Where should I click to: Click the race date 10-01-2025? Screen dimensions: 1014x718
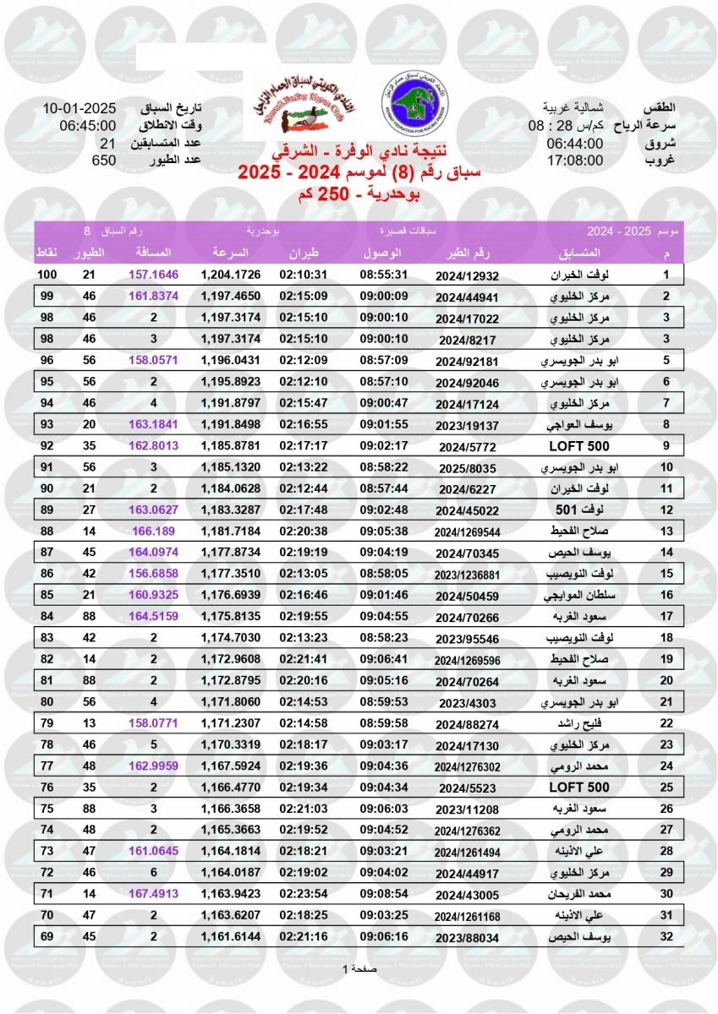point(79,109)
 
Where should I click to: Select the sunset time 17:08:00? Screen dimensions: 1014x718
point(574,160)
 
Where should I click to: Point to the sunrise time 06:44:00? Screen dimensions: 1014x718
point(574,143)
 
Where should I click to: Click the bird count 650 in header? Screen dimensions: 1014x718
point(103,160)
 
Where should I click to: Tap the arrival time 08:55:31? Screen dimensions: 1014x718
point(384,275)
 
